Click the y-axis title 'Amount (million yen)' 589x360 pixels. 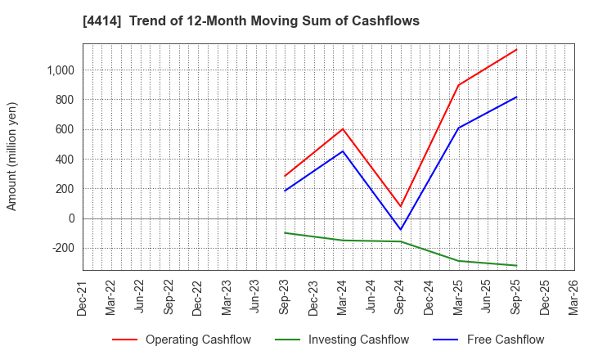[x=11, y=156]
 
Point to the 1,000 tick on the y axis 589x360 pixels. [x=61, y=70]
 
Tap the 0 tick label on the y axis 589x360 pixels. [x=71, y=218]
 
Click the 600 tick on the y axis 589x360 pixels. [x=66, y=129]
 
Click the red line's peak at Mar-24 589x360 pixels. [x=343, y=128]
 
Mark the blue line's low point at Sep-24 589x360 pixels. [x=400, y=230]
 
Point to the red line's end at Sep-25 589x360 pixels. [x=516, y=50]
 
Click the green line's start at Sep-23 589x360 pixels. [x=285, y=232]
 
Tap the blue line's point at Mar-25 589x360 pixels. [x=458, y=128]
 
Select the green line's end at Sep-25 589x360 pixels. [x=516, y=265]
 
